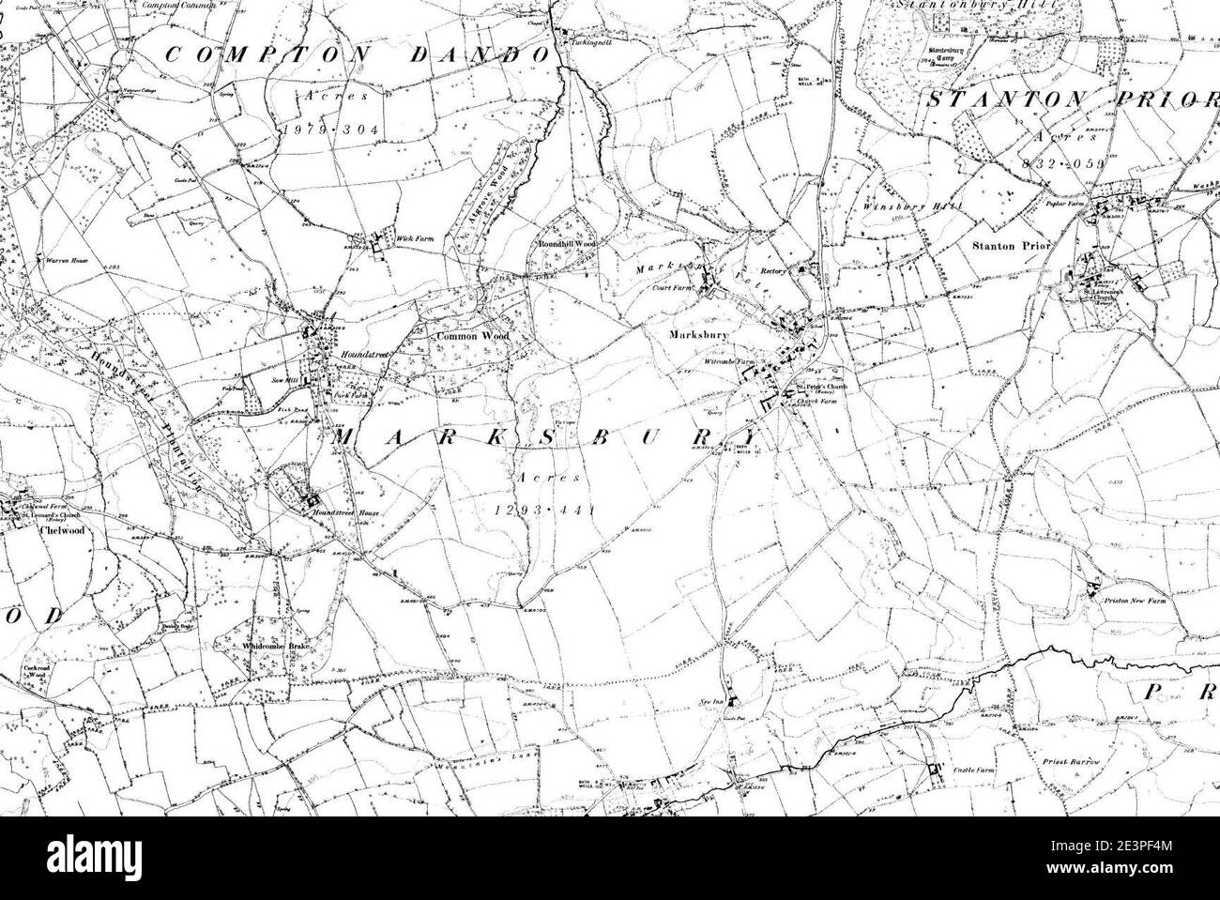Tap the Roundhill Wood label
566,243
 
